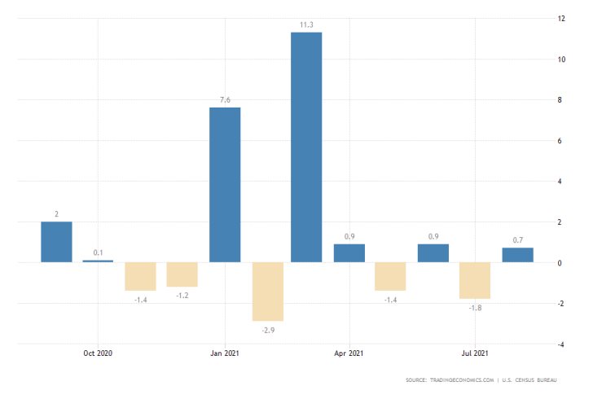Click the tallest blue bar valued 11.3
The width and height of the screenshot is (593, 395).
coord(306,147)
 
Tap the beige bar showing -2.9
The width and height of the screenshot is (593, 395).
coord(267,292)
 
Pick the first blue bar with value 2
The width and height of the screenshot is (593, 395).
coord(56,242)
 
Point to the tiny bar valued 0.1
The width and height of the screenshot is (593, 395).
coord(98,261)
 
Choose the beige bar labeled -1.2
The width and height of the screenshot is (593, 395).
coord(182,274)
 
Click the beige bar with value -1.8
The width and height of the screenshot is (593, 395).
coord(475,280)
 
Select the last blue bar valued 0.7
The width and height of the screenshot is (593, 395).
coord(517,255)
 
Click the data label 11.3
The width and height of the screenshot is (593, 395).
coord(306,25)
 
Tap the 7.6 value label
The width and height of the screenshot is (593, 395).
coord(225,100)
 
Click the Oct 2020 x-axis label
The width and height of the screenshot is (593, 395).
coord(98,353)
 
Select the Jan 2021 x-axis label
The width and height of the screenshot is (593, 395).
coord(224,353)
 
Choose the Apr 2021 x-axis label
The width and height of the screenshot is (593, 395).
coord(349,353)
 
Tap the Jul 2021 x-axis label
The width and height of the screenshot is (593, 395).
coord(475,353)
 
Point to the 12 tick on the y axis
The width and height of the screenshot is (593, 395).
coord(561,18)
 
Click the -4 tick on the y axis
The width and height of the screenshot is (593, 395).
coord(561,345)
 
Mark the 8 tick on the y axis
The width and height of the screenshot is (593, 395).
coord(560,99)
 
